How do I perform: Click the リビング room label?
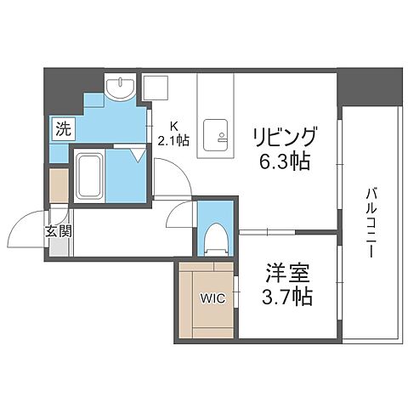coord(284,137)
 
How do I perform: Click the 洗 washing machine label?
coord(62,130)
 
